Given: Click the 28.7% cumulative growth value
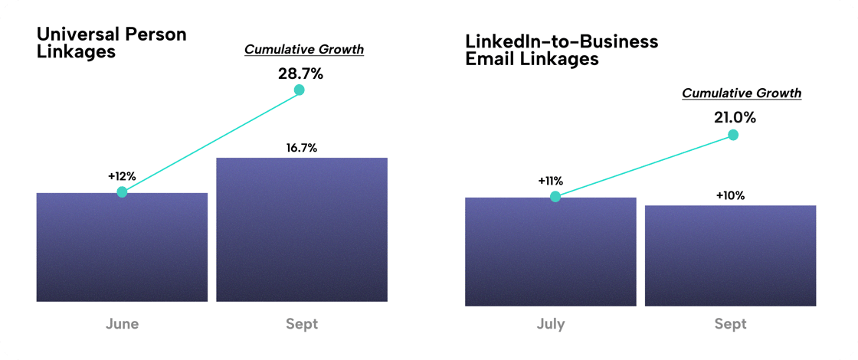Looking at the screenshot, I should [x=300, y=74].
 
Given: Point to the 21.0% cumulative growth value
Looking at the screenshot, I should [x=734, y=118].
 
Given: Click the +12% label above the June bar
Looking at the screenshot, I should [x=122, y=177].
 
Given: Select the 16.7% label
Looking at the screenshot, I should [x=302, y=147].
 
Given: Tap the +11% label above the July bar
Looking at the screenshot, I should [x=550, y=182].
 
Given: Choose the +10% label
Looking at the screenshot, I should [x=730, y=195].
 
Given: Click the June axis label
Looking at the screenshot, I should [x=122, y=324].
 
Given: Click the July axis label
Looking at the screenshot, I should [x=550, y=324].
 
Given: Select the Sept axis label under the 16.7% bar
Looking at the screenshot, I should [x=302, y=324].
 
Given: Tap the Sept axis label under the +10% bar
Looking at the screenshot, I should [x=730, y=324].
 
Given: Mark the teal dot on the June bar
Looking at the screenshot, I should [x=122, y=192].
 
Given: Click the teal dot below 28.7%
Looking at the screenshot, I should [x=300, y=90].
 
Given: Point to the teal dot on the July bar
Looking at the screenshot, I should [x=555, y=197].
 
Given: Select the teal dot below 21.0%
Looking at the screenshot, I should [x=733, y=135].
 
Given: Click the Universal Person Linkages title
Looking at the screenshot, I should [x=112, y=43].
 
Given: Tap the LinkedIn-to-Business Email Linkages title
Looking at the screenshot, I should [x=562, y=50].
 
